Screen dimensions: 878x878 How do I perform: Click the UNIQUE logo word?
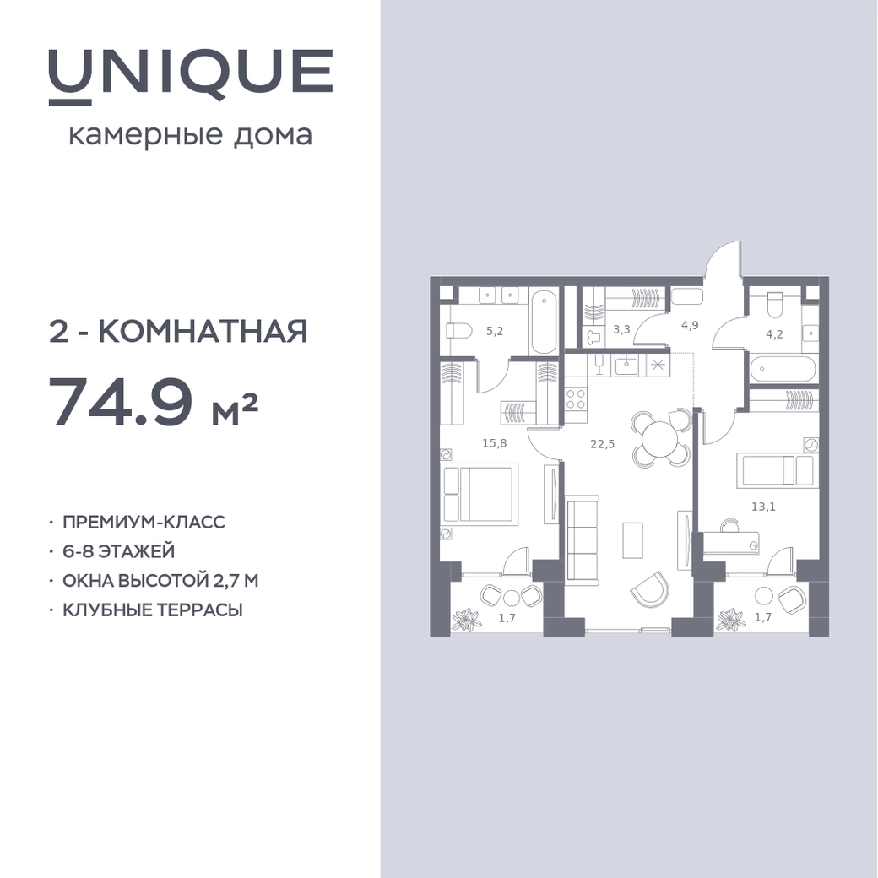191,77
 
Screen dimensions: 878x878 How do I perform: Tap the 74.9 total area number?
122,400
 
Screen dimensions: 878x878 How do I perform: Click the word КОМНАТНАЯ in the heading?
203,331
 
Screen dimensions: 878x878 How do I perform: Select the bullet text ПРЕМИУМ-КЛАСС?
144,522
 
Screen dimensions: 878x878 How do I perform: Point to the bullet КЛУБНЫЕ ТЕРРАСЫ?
152,610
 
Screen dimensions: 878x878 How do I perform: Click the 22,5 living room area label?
603,444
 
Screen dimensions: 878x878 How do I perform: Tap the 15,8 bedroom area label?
495,443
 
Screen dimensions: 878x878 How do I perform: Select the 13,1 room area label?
763,507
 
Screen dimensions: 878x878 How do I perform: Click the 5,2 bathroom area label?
495,331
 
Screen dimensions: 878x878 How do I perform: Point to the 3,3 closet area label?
621,329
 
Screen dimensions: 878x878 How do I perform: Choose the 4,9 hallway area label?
689,325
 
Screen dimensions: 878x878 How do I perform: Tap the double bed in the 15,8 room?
479,493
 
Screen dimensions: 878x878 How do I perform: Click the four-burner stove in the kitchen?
576,398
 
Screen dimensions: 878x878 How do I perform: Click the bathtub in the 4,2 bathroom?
783,369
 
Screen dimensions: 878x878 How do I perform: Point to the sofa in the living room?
583,540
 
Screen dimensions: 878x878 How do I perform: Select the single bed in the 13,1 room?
778,469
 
